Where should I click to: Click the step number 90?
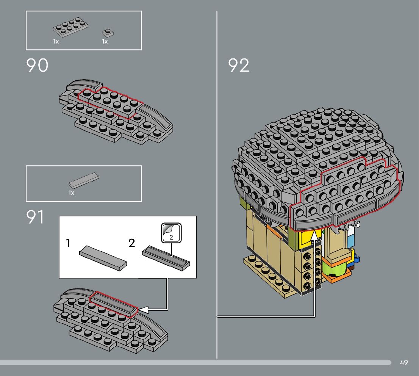point(37,66)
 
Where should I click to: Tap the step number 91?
point(35,217)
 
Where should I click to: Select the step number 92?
point(239,66)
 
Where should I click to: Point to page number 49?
point(403,363)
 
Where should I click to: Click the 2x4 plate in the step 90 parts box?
point(71,29)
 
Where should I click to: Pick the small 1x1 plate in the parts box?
point(108,33)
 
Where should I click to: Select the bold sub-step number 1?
point(68,243)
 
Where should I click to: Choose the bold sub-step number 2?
point(131,243)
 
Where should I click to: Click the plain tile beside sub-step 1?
point(103,257)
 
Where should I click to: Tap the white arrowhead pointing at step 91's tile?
point(144,310)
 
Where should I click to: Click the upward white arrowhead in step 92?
point(315,236)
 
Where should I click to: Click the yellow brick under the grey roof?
point(306,238)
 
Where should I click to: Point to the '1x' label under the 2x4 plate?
point(56,42)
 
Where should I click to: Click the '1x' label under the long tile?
point(71,193)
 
